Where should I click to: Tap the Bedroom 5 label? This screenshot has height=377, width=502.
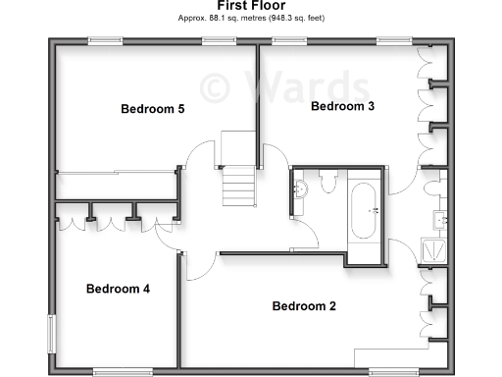click(152, 109)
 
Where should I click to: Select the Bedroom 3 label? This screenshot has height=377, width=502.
click(342, 106)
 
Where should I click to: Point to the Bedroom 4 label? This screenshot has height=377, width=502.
click(118, 289)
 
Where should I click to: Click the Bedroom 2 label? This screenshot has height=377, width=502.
click(304, 306)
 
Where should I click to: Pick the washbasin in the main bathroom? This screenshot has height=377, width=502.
click(300, 189)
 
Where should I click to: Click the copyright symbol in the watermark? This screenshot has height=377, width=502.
click(216, 86)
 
